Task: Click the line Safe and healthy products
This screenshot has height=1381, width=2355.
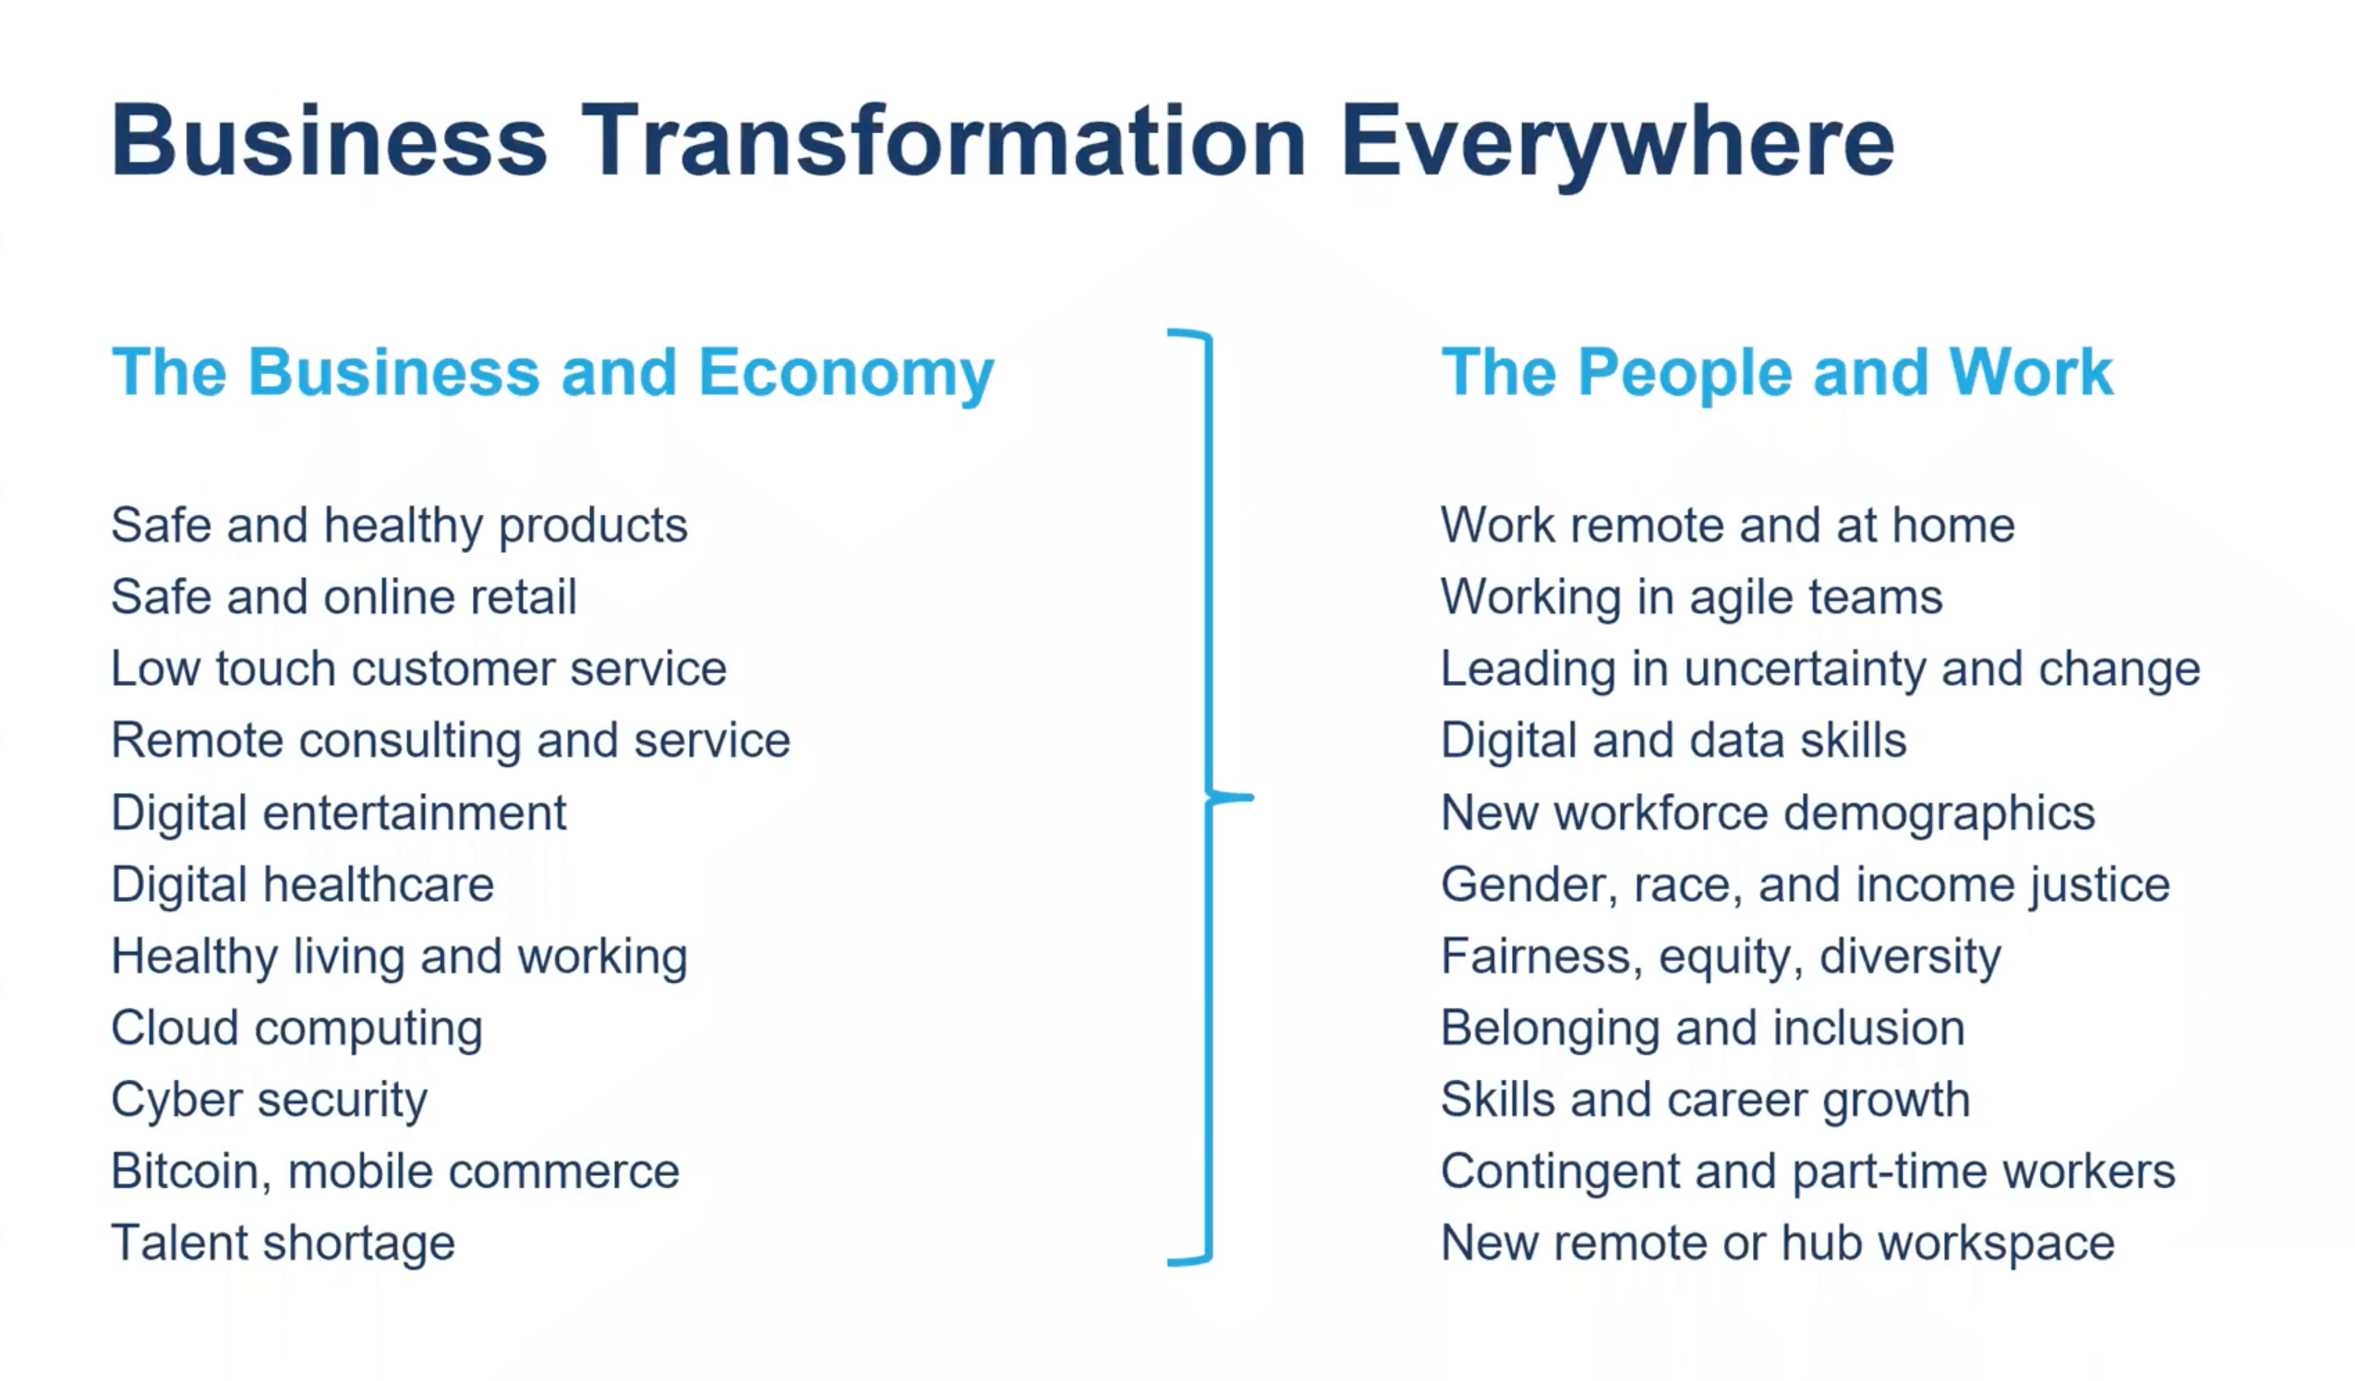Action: [x=399, y=526]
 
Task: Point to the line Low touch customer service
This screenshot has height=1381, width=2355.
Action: [x=418, y=669]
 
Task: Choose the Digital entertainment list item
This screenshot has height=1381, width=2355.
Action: [x=338, y=813]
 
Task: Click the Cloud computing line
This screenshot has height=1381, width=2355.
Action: [x=297, y=1029]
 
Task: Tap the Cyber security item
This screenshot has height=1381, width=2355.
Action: [x=269, y=1100]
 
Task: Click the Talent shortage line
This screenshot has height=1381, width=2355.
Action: [x=284, y=1244]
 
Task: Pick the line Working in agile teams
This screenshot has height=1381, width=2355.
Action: [x=1692, y=598]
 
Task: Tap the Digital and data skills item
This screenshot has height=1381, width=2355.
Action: [x=1673, y=741]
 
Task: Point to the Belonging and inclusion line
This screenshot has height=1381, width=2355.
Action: [x=1703, y=1029]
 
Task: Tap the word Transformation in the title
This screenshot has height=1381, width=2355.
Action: [x=944, y=142]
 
